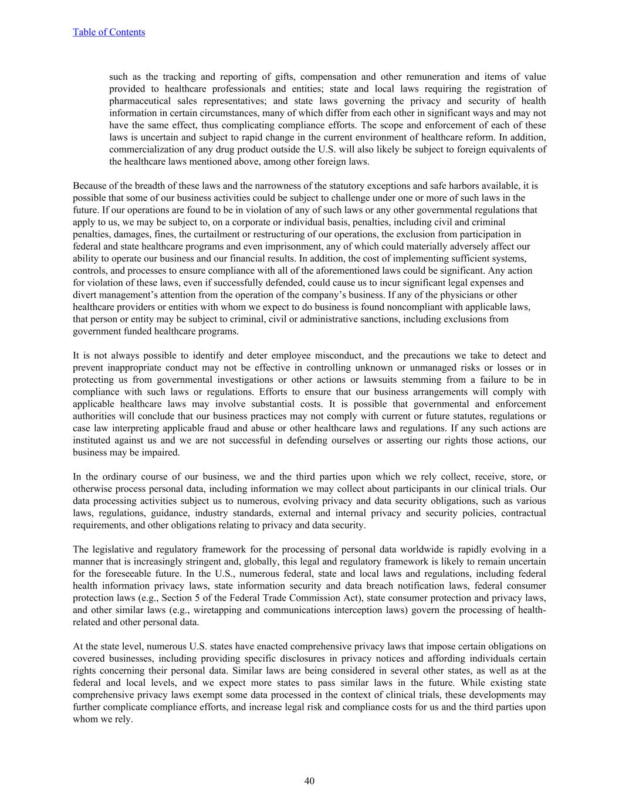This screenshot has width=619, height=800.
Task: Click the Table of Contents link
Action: pos(109,32)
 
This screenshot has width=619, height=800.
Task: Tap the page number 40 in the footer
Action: pos(309,781)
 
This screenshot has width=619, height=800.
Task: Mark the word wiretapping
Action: pos(215,610)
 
